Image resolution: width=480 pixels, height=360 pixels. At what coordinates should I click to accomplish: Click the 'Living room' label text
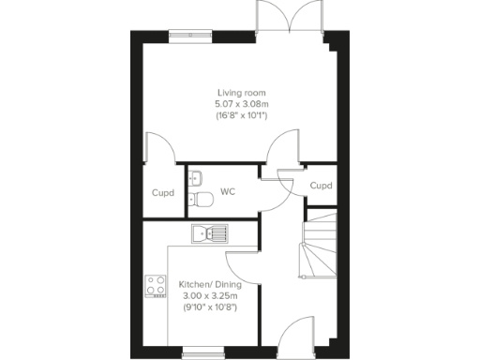coord(242,93)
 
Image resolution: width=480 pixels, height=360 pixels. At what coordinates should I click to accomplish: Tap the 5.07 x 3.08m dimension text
coord(242,104)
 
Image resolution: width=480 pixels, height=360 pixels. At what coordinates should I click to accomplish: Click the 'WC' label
coord(227,192)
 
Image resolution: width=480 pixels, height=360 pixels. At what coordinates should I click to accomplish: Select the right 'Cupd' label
coord(321,186)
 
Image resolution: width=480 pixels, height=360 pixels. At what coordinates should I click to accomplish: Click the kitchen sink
coord(209,232)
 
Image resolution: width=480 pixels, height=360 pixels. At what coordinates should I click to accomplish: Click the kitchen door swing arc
coord(241,265)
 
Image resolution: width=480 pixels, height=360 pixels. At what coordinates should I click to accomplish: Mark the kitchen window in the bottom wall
coord(196,352)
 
